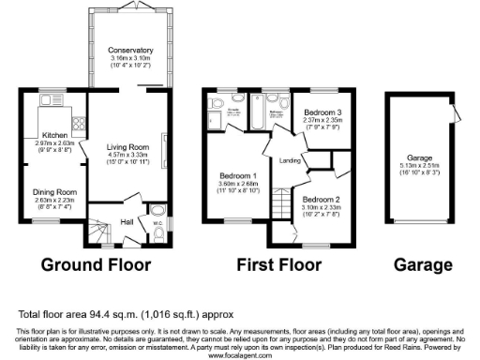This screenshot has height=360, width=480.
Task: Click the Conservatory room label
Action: pos(128,50)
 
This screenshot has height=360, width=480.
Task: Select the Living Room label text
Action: pos(128,147)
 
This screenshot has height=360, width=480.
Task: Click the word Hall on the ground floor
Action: pos(127,222)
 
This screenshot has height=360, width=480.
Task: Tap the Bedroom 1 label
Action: pos(238,175)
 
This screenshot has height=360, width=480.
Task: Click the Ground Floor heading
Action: pos(97,264)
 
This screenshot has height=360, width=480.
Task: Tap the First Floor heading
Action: pos(280,264)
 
